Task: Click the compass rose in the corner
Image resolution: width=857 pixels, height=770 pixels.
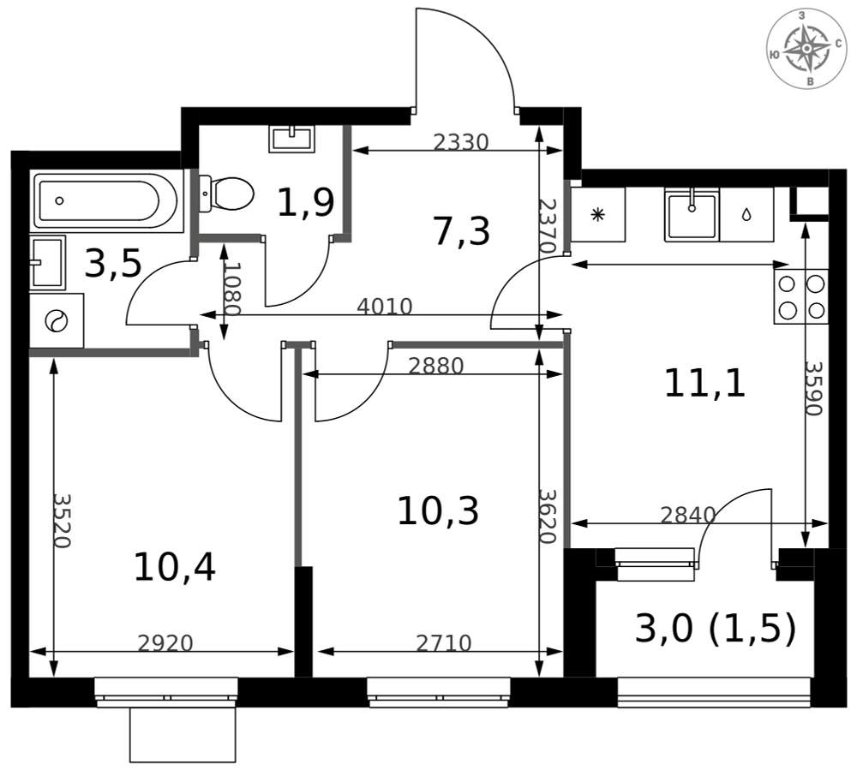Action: coord(806,49)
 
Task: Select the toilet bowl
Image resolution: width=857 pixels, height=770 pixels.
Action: coord(226,194)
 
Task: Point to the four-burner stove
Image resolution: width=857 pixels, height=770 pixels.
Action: coord(801,296)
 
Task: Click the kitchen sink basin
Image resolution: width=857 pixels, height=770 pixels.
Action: coord(692,215)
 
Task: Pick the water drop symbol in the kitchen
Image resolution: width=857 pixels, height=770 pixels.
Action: coord(746,215)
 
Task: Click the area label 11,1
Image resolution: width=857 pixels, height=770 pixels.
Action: coord(704,383)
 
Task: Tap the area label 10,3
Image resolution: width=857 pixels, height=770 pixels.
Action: coord(438,511)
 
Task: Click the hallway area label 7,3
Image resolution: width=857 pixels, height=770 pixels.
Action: coord(462,231)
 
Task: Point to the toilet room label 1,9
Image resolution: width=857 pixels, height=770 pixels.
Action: coord(306,203)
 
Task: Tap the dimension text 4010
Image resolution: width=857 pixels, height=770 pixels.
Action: coord(384,307)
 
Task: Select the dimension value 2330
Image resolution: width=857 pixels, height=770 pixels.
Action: coord(461,142)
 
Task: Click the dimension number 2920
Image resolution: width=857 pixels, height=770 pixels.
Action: coord(165,644)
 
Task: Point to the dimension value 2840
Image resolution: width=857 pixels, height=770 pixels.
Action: coord(688,515)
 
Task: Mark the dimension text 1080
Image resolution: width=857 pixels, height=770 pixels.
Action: coord(231,290)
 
